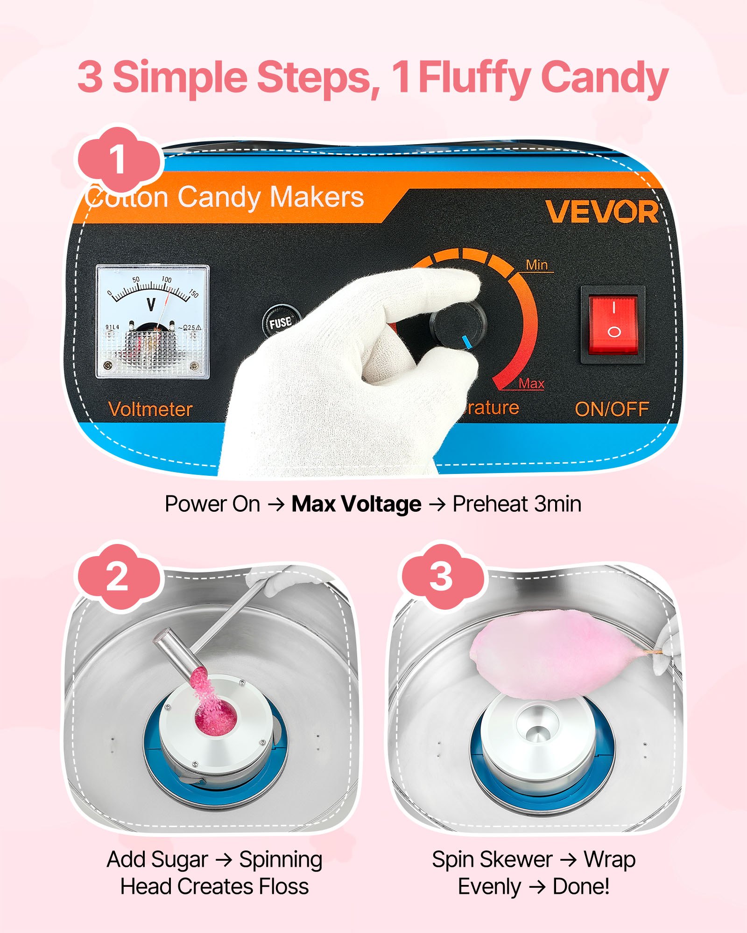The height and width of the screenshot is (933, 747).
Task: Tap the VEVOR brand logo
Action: (602, 212)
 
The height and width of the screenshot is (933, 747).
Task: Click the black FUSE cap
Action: (280, 322)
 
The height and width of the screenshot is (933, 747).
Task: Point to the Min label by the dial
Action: (536, 265)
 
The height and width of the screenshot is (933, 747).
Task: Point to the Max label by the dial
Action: (531, 383)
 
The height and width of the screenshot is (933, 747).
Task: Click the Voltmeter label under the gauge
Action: (150, 410)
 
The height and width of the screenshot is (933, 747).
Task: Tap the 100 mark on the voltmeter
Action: (166, 279)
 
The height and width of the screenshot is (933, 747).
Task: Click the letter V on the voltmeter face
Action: (151, 305)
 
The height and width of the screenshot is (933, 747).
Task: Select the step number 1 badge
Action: (118, 160)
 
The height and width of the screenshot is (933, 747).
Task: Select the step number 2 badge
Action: (117, 577)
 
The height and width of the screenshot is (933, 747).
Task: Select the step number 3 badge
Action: (441, 577)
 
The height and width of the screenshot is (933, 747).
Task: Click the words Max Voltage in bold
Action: (356, 504)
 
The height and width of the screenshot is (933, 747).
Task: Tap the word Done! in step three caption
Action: (581, 886)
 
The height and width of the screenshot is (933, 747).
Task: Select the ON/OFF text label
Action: (612, 410)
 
